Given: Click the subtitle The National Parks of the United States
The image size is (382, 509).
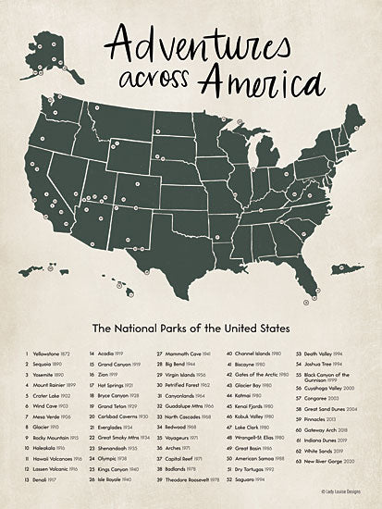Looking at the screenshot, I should tap(191, 328).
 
